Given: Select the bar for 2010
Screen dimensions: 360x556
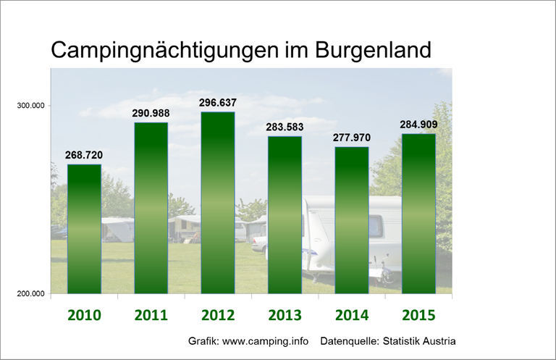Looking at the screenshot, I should tap(84, 229).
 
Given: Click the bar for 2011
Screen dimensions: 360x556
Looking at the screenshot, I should tap(151, 208).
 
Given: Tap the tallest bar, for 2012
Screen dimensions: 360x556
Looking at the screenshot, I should tap(217, 203).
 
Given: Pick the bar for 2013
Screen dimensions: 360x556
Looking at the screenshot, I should tap(285, 214).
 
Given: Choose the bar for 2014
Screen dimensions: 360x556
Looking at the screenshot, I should tap(351, 220).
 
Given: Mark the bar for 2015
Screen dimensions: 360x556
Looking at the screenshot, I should tap(418, 214).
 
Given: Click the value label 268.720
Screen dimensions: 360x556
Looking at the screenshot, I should tap(84, 156).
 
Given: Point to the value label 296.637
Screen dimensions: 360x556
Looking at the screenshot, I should tap(218, 103).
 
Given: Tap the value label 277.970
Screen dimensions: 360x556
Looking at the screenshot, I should tap(351, 138).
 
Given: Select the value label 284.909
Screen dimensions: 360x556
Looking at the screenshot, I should tap(418, 125).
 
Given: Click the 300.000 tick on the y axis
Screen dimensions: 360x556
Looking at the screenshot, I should tap(31, 106).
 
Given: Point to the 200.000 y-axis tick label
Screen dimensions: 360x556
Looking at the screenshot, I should tap(31, 294).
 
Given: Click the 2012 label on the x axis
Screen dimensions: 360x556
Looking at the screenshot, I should tap(218, 316).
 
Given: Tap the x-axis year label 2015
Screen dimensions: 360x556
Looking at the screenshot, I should tap(418, 316).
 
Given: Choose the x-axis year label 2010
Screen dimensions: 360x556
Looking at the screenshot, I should tap(84, 316).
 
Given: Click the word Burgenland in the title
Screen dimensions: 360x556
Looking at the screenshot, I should tap(374, 51).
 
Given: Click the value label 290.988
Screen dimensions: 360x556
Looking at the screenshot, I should tap(151, 114).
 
